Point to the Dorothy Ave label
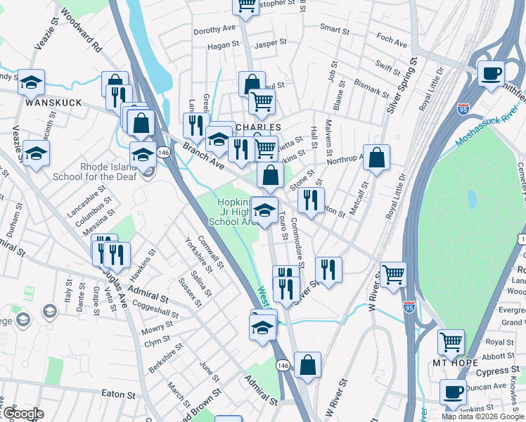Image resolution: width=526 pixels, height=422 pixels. tap(214, 30)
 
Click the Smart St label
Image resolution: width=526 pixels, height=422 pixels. tap(335, 30)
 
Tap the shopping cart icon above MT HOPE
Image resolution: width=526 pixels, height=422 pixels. tap(451, 342)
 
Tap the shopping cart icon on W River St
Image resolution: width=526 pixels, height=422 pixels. tap(393, 274)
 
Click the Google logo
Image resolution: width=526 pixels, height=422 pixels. tap(23, 414)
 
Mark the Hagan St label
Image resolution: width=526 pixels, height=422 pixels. tap(223, 46)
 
